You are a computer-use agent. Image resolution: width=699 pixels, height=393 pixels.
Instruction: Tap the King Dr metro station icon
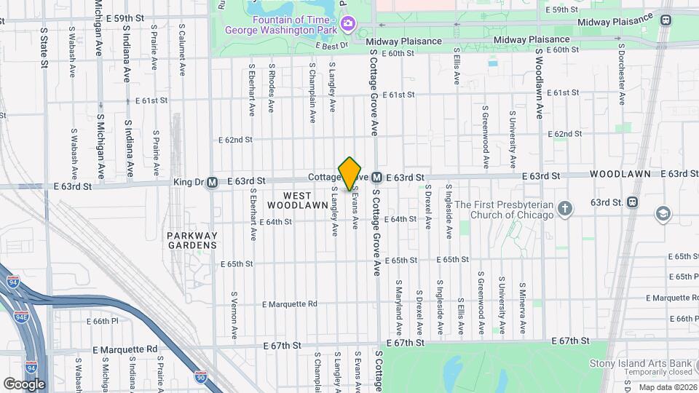[x=212, y=182]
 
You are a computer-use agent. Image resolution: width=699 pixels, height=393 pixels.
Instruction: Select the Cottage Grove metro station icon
[x=377, y=178]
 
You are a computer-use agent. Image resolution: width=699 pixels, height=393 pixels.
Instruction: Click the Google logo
[x=24, y=384]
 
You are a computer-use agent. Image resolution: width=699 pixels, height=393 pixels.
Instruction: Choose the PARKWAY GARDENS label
[x=191, y=240]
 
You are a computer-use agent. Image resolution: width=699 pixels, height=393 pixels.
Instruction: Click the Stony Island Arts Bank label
[x=641, y=363]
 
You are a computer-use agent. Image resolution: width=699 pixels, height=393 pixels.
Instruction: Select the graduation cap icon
[x=663, y=213]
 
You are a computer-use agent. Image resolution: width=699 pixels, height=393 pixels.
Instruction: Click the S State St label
[x=44, y=49]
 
